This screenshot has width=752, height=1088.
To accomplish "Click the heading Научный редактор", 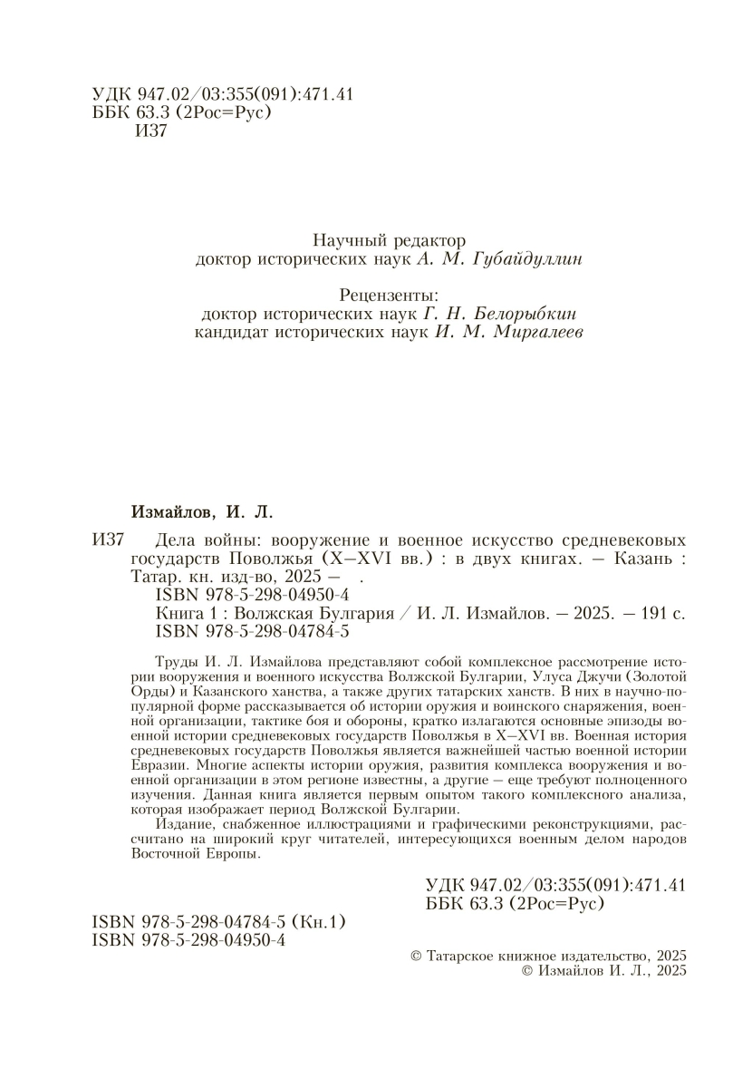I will click(389, 240).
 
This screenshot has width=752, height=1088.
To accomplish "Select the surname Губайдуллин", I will click(529, 260).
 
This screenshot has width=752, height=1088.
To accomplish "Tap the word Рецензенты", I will click(389, 296).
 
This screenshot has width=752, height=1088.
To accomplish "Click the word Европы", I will click(230, 855).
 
